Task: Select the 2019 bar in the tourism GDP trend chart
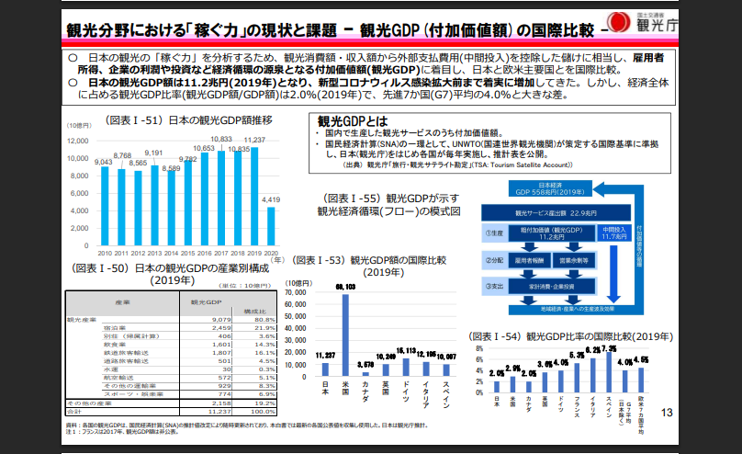pyautogui.click(x=254, y=193)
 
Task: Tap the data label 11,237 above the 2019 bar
pyautogui.click(x=253, y=141)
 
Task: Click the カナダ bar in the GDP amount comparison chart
pyautogui.click(x=365, y=369)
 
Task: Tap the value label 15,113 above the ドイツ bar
pyautogui.click(x=406, y=354)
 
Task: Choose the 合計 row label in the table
pyautogui.click(x=77, y=411)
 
